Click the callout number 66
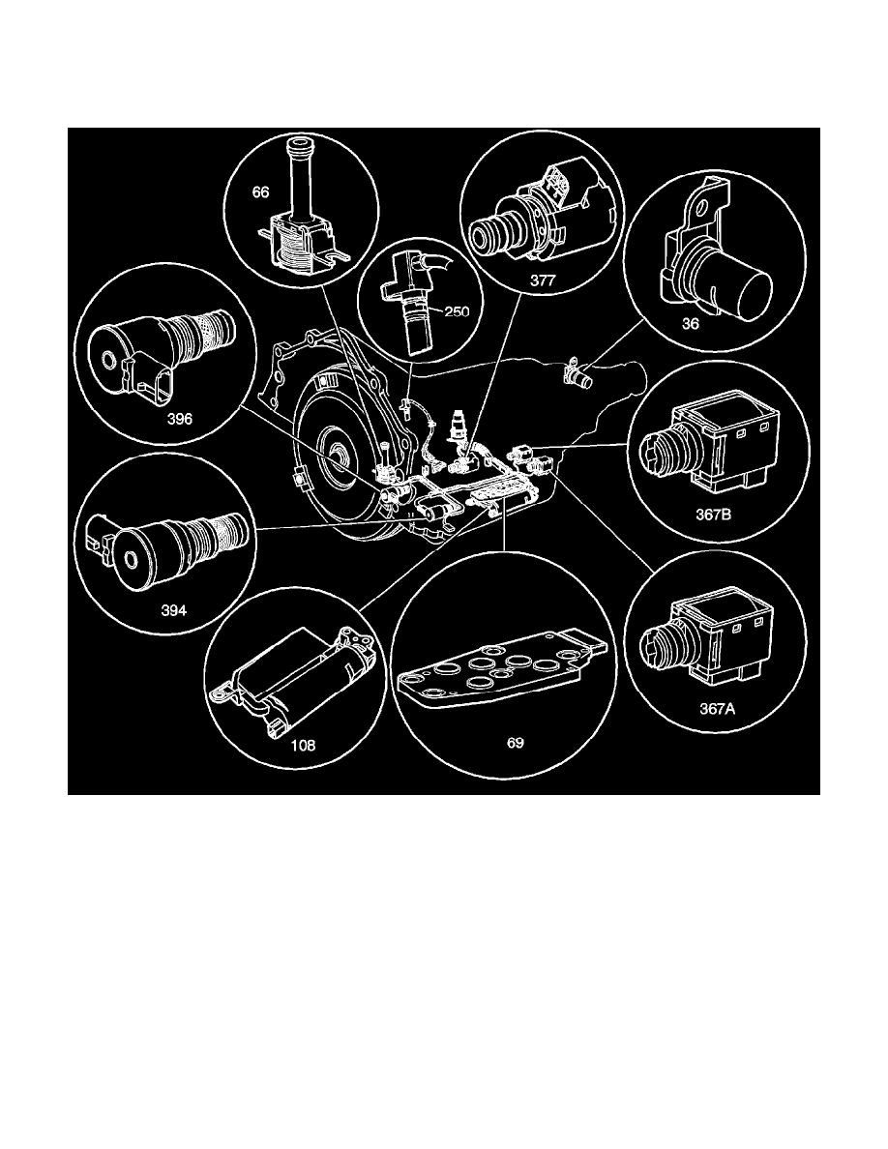pyautogui.click(x=260, y=192)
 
